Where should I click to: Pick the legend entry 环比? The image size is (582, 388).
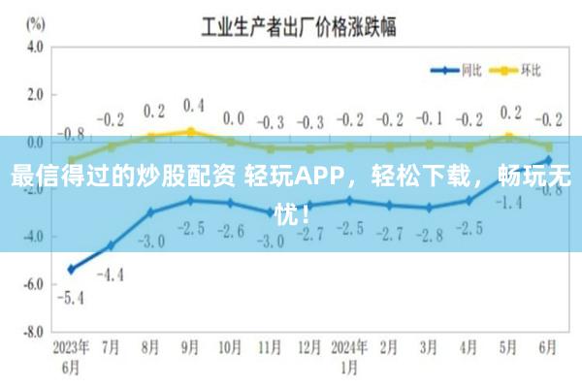click(x=530, y=70)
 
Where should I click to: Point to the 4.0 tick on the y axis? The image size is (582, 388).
click(x=35, y=47)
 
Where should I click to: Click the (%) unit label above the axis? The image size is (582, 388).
click(x=36, y=21)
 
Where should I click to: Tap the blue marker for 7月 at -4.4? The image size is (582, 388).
click(x=111, y=245)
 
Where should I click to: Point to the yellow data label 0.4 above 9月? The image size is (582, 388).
click(x=193, y=104)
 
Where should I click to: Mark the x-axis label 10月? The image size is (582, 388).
click(x=230, y=347)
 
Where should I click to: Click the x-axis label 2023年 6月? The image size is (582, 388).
click(x=71, y=355)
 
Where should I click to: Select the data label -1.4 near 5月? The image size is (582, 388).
click(x=508, y=203)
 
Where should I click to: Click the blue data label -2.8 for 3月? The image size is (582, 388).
click(x=428, y=235)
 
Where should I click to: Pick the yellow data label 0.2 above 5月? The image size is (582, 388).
click(x=510, y=113)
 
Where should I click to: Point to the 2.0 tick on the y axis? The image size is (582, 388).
click(x=35, y=94)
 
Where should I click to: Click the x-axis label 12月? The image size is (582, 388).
click(x=309, y=347)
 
